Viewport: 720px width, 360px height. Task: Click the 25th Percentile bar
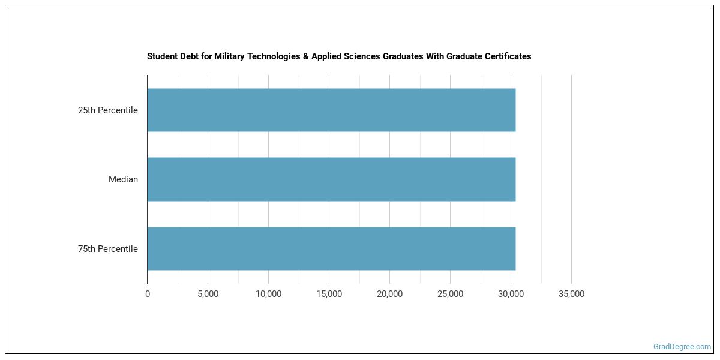[331, 110]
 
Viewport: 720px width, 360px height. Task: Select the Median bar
[331, 179]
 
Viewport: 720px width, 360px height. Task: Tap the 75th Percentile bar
[331, 248]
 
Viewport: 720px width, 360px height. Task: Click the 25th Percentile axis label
[108, 110]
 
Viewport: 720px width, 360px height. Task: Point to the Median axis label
[123, 179]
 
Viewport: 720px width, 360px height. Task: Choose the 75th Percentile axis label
[108, 249]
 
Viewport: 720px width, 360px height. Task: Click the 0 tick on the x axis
[148, 294]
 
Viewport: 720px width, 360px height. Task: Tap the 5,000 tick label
[208, 294]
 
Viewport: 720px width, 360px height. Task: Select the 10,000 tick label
[268, 294]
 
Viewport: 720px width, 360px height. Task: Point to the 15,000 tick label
[329, 294]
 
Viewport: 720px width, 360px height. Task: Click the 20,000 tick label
[389, 294]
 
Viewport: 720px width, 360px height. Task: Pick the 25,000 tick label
[450, 294]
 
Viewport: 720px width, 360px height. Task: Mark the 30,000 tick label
[511, 294]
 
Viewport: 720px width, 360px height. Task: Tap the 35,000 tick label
[571, 294]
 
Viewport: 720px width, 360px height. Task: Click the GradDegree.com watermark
[682, 346]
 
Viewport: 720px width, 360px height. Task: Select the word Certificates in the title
[508, 56]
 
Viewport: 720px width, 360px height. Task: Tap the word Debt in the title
[188, 56]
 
